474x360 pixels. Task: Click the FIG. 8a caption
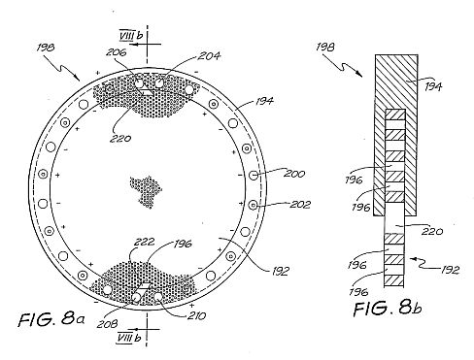coord(51,319)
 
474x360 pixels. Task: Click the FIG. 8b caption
coord(388,308)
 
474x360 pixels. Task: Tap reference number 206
coord(116,52)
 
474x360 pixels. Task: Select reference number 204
coord(209,56)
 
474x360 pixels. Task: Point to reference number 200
coord(294,174)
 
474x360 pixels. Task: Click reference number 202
coord(300,204)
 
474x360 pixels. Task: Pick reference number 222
coord(144,242)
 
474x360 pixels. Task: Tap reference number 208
coord(107,324)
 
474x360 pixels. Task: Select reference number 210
coord(196,315)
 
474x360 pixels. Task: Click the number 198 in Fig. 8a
coord(46,48)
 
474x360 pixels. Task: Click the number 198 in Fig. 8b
coord(325,48)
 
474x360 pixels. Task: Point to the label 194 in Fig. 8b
coord(433,86)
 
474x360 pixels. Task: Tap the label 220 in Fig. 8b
coord(432,231)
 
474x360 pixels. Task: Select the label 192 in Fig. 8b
coord(450,270)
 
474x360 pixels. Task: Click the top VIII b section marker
coord(130,35)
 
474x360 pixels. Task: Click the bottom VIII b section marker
coord(129,338)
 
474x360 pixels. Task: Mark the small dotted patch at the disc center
coord(146,192)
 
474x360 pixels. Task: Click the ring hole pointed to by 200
coord(254,175)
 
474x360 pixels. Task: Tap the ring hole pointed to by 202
coord(253,205)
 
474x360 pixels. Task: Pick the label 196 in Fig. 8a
coord(183,244)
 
